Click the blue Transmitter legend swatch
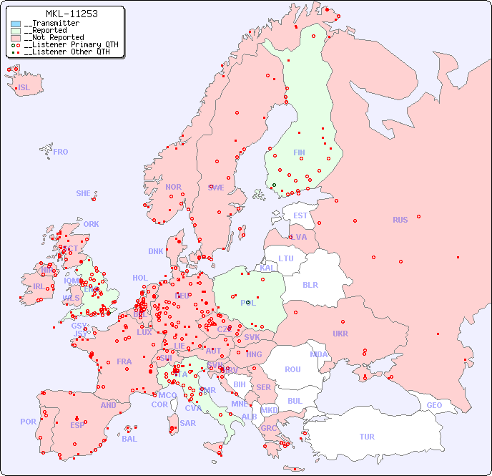coord(16,24)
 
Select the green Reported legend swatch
coord(16,31)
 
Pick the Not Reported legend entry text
coord(54,38)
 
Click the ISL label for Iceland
coord(24,88)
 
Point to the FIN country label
coord(299,152)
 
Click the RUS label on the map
coord(400,220)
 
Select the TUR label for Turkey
coord(367,437)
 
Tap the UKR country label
coord(340,334)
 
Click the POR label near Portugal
coord(28,422)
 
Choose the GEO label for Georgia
coord(434,405)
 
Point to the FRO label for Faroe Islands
coord(61,152)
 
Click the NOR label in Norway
coord(173,187)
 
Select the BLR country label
coord(310,284)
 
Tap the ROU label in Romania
coord(292,369)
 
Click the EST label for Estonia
coord(300,215)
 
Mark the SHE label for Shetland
coord(84,193)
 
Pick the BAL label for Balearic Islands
coord(129,439)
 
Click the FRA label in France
coord(124,361)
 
